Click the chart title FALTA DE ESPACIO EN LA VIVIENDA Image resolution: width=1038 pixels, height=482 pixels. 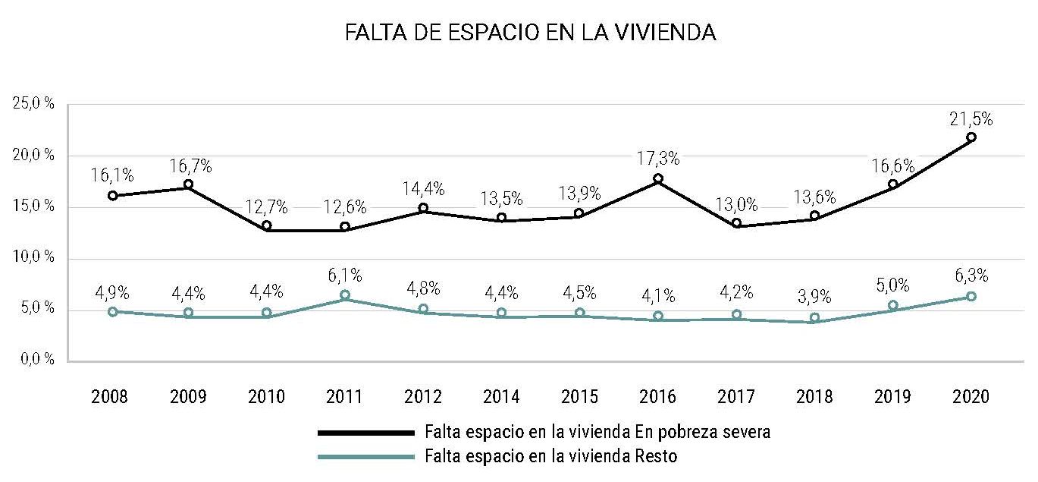(530, 33)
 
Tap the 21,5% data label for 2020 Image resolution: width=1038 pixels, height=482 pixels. (971, 119)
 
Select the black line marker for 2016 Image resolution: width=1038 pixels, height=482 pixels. (658, 179)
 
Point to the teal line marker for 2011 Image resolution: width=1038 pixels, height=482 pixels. (345, 295)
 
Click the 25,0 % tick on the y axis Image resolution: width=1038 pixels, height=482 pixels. (34, 104)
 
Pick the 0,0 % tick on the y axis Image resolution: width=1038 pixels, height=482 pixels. (34, 360)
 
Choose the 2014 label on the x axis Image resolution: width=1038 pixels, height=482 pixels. (501, 397)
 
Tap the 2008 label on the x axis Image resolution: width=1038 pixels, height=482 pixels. (110, 397)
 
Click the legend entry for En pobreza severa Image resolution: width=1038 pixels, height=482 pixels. (597, 433)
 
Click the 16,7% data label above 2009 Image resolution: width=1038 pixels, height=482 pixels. (188, 166)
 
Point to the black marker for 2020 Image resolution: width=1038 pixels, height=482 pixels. (971, 137)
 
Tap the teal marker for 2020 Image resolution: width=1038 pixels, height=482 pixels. (971, 297)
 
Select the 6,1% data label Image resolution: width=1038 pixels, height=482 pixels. (345, 276)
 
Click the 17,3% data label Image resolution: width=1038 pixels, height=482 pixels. (658, 159)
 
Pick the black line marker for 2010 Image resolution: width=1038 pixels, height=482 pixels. (267, 225)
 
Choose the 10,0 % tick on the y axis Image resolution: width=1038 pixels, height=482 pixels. (34, 257)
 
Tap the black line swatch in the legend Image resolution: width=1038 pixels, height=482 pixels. (365, 433)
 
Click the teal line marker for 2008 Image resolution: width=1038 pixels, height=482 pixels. (113, 311)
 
